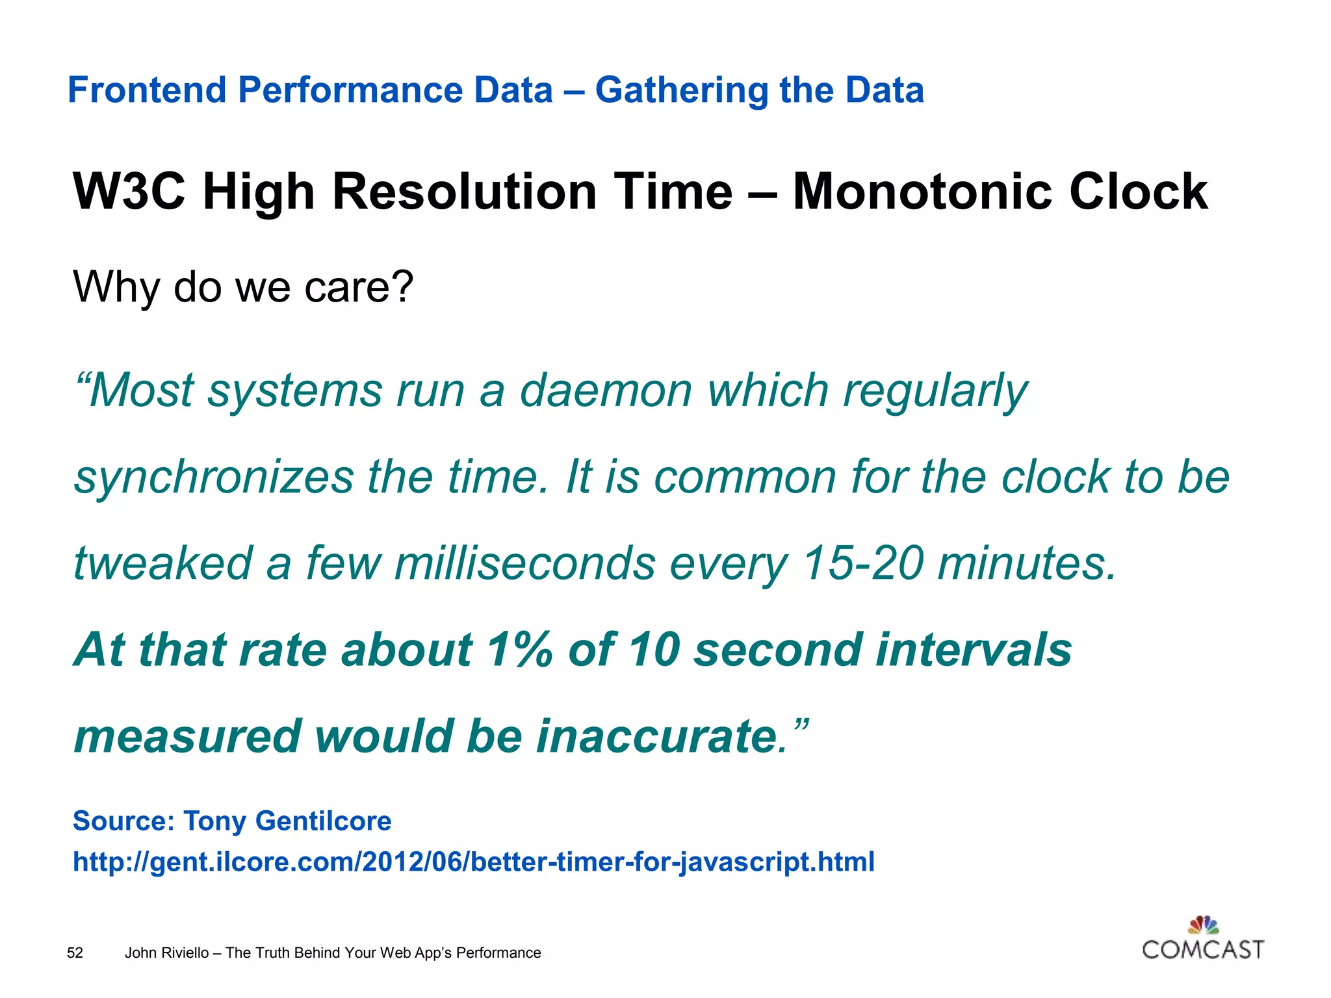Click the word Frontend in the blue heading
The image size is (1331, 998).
click(x=148, y=90)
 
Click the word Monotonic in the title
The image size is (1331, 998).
click(x=922, y=192)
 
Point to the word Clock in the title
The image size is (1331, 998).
click(x=1138, y=192)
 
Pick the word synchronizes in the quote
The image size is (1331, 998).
click(x=214, y=478)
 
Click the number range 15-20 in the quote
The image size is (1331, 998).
click(x=862, y=563)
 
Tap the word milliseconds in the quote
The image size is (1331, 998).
click(x=525, y=563)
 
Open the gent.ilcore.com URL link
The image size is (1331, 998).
click(x=473, y=862)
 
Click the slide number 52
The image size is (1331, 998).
click(x=75, y=953)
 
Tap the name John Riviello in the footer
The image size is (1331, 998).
click(x=166, y=953)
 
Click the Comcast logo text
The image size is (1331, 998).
click(x=1203, y=950)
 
